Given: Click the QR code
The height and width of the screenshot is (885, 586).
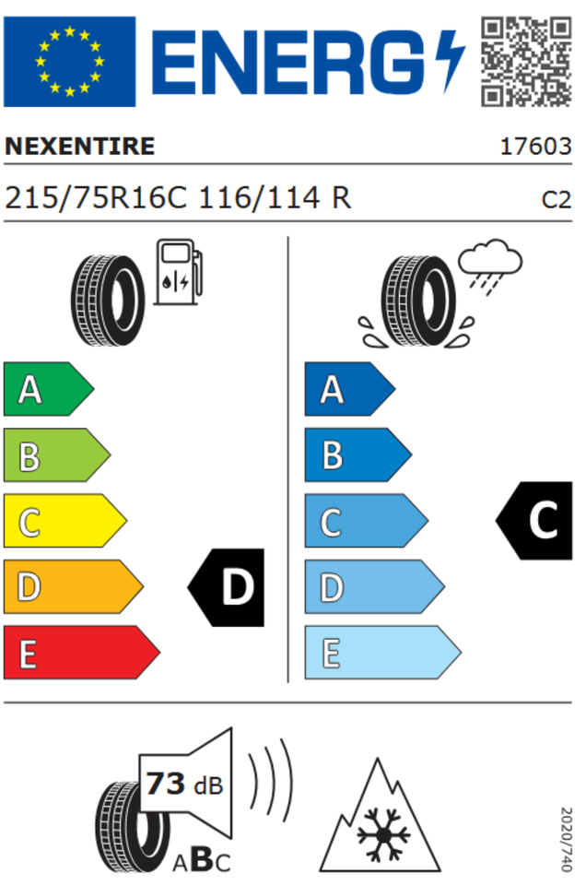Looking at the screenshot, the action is click(x=526, y=61).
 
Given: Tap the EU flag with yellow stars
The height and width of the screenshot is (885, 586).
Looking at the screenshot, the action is click(x=69, y=62).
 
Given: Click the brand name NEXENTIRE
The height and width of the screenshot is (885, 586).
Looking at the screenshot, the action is click(x=79, y=147).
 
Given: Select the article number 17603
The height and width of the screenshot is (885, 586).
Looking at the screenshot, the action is click(x=536, y=147).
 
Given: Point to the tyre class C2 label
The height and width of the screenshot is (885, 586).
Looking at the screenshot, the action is click(x=557, y=200).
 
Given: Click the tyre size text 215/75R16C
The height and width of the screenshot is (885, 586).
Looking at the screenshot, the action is click(x=96, y=198).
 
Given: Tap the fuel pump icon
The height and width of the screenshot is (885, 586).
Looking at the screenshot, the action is click(x=178, y=272).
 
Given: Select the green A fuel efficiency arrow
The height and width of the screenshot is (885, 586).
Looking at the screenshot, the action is click(x=49, y=389).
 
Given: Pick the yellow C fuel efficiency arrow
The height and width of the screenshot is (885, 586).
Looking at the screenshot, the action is click(x=64, y=521).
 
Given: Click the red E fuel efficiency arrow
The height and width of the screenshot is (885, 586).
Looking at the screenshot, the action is click(x=82, y=653).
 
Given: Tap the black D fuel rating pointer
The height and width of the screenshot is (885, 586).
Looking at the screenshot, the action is click(x=226, y=587).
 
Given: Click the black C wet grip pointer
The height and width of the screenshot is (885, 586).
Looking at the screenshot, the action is click(x=534, y=520).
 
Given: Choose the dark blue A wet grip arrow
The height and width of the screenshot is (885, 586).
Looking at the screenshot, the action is click(x=350, y=389).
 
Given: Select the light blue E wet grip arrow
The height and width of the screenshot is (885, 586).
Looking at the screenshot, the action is click(x=383, y=653).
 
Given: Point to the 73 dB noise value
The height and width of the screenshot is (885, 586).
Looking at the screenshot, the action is click(x=184, y=784).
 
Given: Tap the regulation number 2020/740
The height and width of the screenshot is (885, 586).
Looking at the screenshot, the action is click(x=567, y=839).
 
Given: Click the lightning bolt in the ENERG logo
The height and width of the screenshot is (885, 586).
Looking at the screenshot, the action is click(x=452, y=61).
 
